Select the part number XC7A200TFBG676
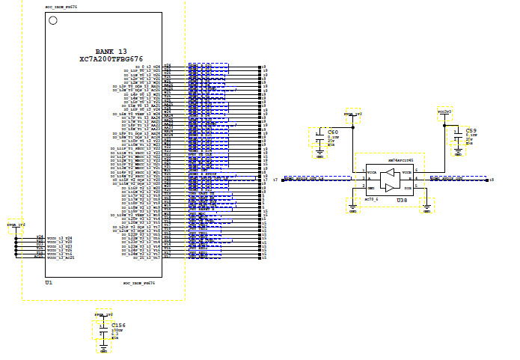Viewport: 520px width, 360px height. coord(111,58)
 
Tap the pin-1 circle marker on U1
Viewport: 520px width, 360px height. coord(52,20)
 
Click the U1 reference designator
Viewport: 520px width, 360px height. coord(49,283)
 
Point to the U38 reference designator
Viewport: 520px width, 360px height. coord(403,201)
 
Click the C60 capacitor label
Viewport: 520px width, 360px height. coord(332,132)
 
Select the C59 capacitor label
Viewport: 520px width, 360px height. coord(471,129)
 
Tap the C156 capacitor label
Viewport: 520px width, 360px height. coord(117,326)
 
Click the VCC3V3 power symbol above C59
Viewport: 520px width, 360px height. coord(444,112)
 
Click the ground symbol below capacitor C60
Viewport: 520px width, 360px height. coord(320,156)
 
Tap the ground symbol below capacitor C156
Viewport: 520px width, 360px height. coord(104,350)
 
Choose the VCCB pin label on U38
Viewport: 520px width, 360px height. coord(406,172)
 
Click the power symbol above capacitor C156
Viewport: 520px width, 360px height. coord(103,315)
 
